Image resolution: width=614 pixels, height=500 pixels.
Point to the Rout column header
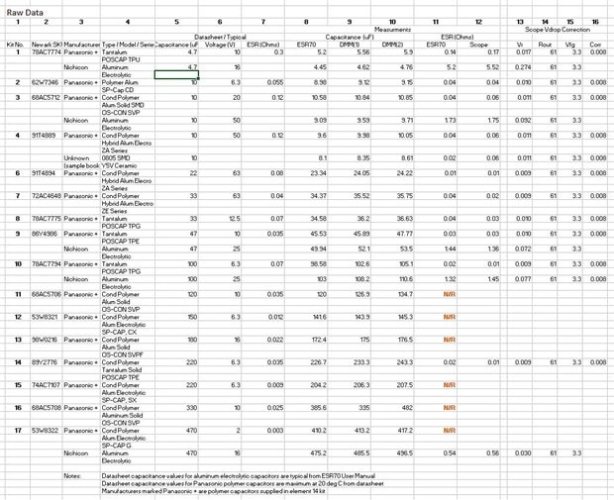point(545,45)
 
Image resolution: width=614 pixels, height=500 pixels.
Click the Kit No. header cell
point(14,45)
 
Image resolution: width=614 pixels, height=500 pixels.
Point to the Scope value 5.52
point(480,66)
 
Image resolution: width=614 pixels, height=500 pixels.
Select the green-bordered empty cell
point(183,74)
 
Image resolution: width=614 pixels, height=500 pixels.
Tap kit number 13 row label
point(17,339)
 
